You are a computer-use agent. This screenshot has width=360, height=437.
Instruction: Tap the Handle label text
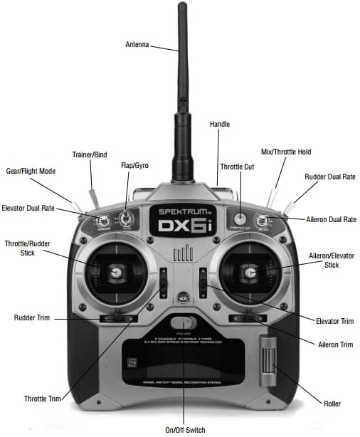[x=220, y=124]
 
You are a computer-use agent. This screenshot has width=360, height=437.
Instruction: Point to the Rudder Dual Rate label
[x=329, y=177]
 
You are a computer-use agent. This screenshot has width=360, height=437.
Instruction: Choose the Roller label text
[x=331, y=404]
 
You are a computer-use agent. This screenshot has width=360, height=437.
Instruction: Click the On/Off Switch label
[x=184, y=430]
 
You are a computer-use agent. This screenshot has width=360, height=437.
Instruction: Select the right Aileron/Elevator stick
[x=249, y=270]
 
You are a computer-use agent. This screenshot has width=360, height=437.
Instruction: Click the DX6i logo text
[x=182, y=227]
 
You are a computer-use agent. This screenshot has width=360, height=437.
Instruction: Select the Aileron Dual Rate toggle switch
[x=261, y=219]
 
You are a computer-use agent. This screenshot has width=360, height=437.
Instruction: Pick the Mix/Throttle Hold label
[x=286, y=152]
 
